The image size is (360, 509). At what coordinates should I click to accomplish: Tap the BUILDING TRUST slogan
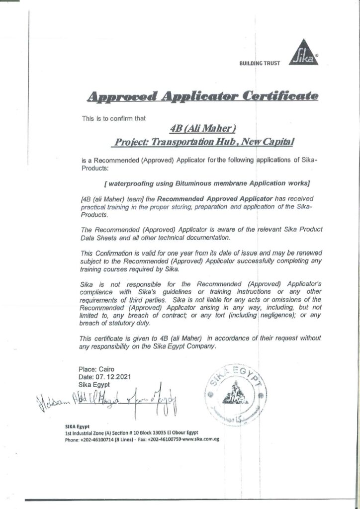tap(260, 63)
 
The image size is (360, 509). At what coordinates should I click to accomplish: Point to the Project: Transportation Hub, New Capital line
tap(204, 142)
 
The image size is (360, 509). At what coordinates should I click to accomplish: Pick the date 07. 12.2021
tap(105, 377)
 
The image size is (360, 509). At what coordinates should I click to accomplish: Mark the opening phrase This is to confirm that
tap(110, 118)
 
